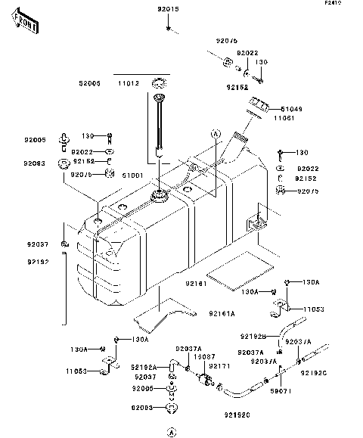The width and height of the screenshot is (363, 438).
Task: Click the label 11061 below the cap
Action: pyautogui.click(x=283, y=118)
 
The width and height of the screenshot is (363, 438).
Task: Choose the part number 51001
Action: pyautogui.click(x=134, y=175)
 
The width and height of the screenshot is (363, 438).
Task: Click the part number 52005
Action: pyautogui.click(x=88, y=84)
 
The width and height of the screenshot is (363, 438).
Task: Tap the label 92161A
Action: pyautogui.click(x=200, y=312)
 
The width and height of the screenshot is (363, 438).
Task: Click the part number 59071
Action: pyautogui.click(x=281, y=391)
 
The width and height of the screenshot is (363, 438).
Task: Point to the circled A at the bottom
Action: pyautogui.click(x=172, y=432)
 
